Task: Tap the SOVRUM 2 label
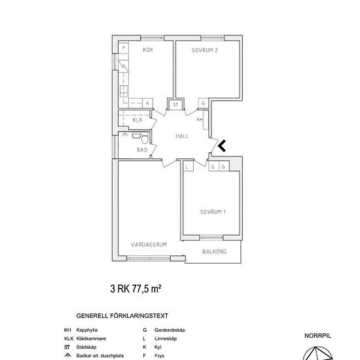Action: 204,50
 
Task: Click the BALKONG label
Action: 214,251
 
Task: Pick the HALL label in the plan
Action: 183,135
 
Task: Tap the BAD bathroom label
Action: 142,150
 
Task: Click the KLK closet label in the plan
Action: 137,120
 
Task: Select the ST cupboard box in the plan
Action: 175,103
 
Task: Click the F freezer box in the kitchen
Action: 124,48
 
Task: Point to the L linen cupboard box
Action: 188,168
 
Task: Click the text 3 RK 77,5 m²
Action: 135,287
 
